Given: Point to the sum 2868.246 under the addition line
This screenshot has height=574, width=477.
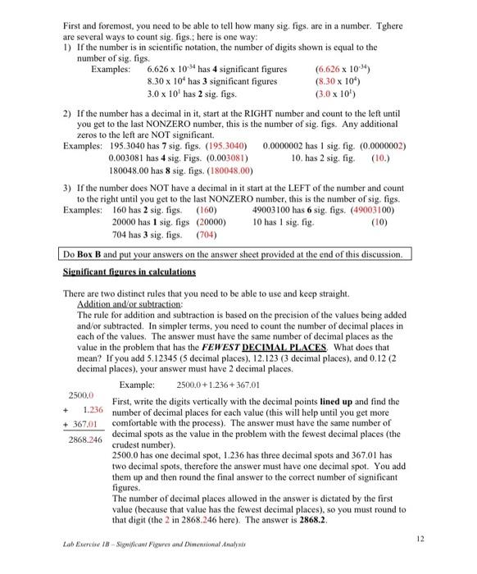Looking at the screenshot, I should (x=85, y=440).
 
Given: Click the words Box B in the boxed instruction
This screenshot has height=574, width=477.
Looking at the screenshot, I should (x=97, y=254).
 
